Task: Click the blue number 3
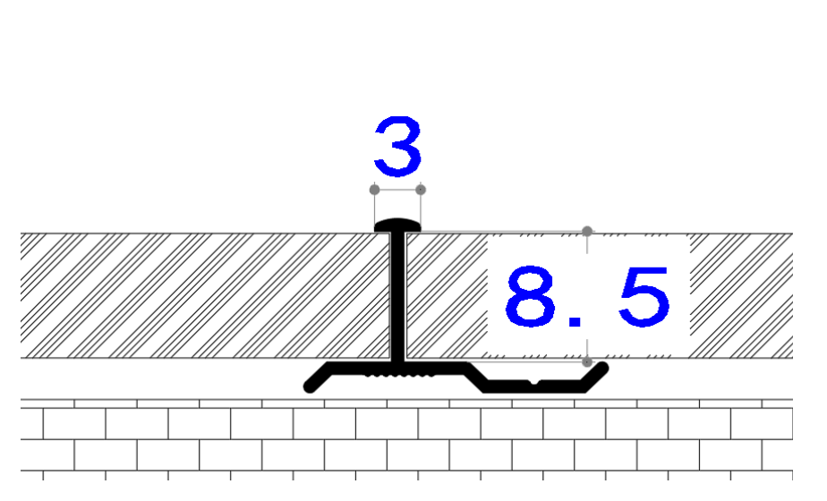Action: tap(398, 147)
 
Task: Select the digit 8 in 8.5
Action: tap(531, 296)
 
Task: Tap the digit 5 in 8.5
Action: tap(644, 296)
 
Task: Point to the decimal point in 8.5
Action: tap(575, 321)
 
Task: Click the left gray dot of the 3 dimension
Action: tap(374, 190)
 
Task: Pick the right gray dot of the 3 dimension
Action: tap(421, 190)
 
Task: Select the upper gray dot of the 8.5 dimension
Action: tap(587, 231)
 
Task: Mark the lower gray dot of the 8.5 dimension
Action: tap(587, 361)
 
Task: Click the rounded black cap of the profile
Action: tap(397, 225)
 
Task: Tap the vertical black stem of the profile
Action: tap(398, 297)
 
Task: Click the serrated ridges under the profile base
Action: tap(399, 376)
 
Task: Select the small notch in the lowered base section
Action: tap(533, 381)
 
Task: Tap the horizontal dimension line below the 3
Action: tap(397, 190)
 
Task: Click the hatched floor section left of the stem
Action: tap(205, 296)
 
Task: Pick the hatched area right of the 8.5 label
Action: tap(741, 296)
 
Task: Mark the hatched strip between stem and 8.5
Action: tap(447, 296)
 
